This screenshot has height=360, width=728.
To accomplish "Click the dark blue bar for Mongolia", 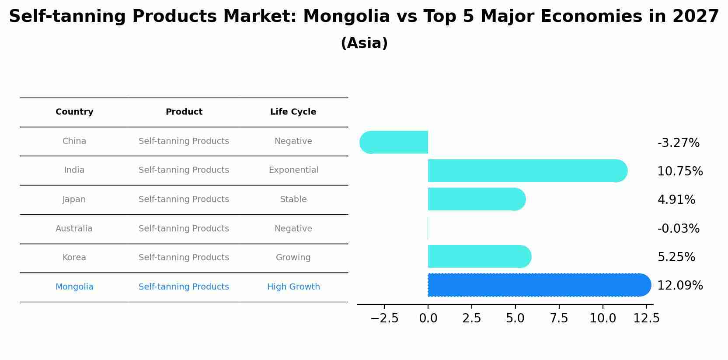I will (x=538, y=285).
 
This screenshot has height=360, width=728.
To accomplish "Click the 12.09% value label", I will (x=680, y=286).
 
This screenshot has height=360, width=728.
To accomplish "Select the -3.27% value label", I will (x=678, y=143).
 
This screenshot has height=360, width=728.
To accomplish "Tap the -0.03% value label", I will (x=678, y=229).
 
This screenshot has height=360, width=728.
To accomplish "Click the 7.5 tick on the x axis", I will (x=559, y=318).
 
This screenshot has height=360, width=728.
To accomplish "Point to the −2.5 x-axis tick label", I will (x=384, y=318).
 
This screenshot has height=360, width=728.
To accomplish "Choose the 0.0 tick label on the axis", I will (x=428, y=318).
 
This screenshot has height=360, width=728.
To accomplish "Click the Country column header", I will (x=74, y=112).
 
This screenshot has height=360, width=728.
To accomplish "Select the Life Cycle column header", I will (x=293, y=112).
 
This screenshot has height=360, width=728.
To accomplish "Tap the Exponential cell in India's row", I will (x=293, y=170).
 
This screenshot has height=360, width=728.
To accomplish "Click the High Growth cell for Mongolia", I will (x=293, y=287).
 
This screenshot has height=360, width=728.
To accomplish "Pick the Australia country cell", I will (x=74, y=229).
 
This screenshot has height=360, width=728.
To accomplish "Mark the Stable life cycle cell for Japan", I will (x=293, y=199).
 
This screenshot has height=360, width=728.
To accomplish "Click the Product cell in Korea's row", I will (x=184, y=258).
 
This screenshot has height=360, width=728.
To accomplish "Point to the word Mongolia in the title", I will (x=346, y=17).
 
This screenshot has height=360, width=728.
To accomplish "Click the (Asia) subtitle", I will (x=364, y=43).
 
